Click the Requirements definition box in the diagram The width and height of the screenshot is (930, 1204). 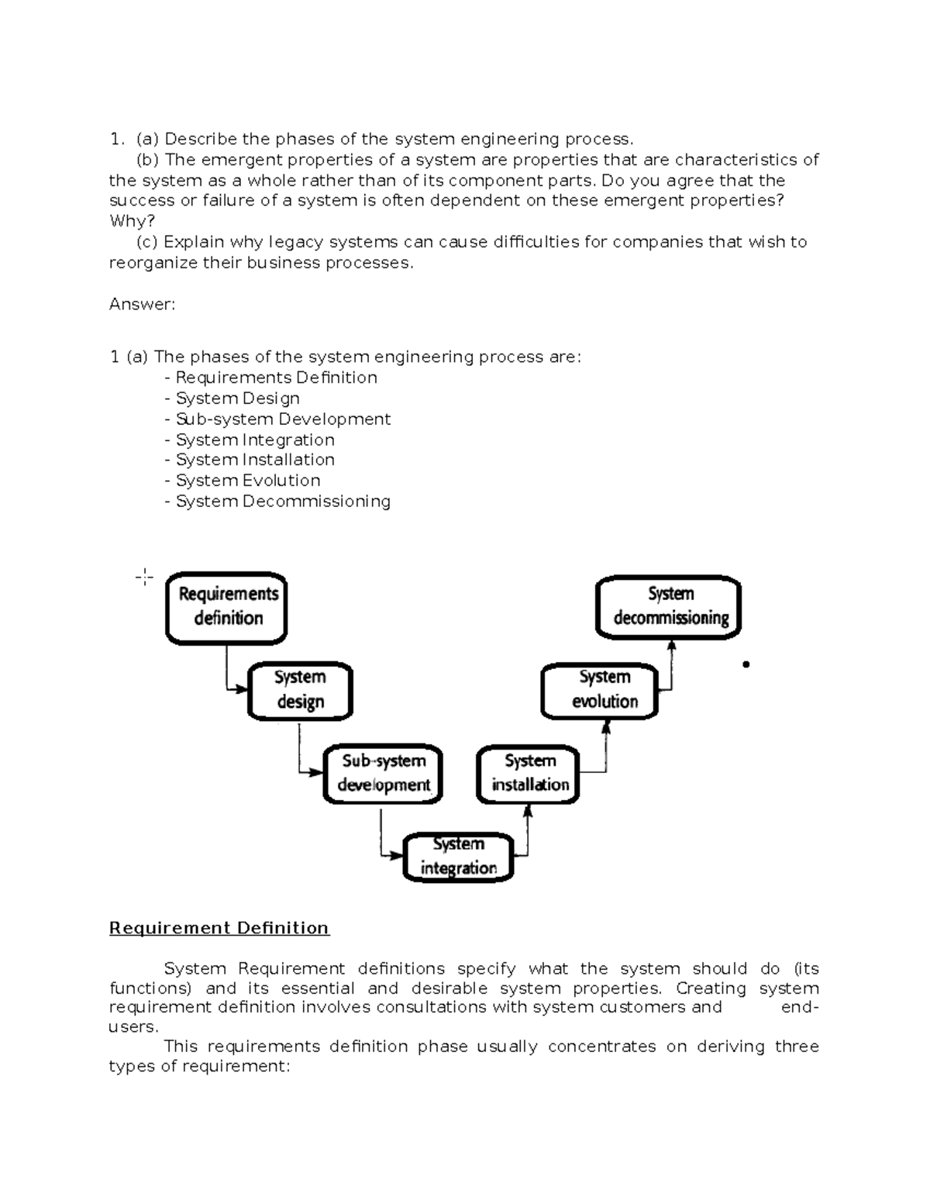(x=226, y=608)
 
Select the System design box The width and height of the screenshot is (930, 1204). (x=300, y=690)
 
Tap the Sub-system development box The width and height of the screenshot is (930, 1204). (x=383, y=773)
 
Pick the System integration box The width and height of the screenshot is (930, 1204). (x=459, y=857)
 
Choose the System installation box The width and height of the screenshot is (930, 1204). (x=529, y=773)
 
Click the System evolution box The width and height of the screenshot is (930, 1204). (x=600, y=690)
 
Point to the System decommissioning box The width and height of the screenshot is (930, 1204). (x=669, y=606)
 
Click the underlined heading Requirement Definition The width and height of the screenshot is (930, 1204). (x=219, y=928)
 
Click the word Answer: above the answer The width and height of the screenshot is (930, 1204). (x=142, y=305)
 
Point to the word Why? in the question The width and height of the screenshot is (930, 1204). (x=132, y=222)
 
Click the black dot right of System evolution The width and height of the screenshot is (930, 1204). (x=746, y=664)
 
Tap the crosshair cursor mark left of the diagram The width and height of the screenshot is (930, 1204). (x=144, y=577)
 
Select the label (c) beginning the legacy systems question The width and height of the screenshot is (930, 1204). (x=146, y=243)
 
